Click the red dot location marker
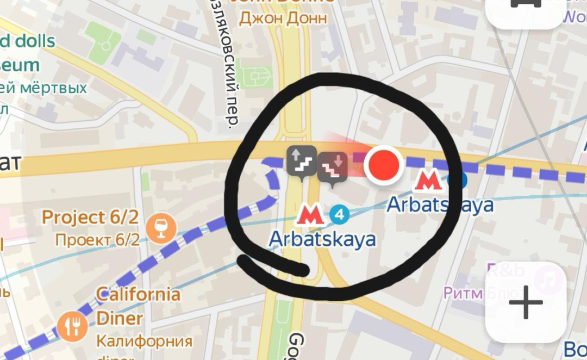click(x=383, y=165)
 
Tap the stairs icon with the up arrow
click(x=302, y=160)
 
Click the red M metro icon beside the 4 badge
click(x=310, y=215)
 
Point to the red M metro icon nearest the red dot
click(x=428, y=180)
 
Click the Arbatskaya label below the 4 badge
click(x=322, y=239)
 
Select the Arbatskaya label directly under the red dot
click(x=439, y=205)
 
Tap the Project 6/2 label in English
click(x=90, y=218)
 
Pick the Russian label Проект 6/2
click(x=97, y=240)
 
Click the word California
click(x=138, y=295)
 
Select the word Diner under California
click(x=120, y=318)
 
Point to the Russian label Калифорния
click(x=144, y=342)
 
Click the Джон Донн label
click(x=283, y=18)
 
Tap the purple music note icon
click(x=547, y=280)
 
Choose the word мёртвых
click(x=54, y=88)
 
